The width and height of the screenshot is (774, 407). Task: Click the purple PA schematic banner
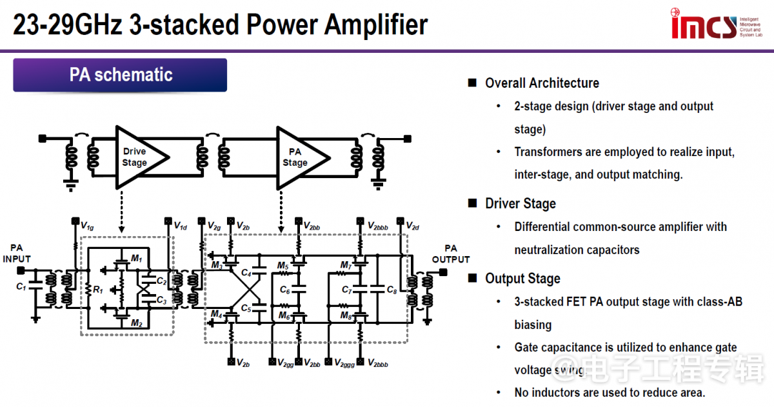[x=121, y=75]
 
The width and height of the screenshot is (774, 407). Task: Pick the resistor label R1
[x=98, y=290]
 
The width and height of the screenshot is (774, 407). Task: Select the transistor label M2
[x=136, y=323]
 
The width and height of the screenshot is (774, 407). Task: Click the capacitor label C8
[x=392, y=290]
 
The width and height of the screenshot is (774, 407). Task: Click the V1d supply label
[x=181, y=226]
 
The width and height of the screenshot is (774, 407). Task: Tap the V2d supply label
[x=412, y=226]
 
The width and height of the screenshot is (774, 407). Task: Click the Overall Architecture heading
[x=542, y=83]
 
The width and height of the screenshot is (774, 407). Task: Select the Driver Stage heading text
[x=521, y=204]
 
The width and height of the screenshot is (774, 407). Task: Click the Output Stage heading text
[x=522, y=279]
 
